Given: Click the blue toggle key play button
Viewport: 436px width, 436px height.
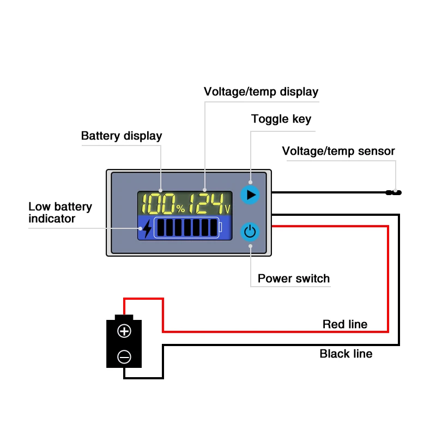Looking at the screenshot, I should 250,195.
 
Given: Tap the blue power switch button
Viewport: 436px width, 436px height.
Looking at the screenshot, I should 250,232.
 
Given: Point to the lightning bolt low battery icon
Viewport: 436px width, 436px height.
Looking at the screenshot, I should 147,229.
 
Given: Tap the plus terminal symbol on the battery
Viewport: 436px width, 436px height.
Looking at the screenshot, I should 124,331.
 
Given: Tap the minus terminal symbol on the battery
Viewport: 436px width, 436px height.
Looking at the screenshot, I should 124,357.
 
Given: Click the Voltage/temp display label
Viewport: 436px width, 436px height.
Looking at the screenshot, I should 261,91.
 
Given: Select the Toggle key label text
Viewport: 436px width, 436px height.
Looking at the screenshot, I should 281,119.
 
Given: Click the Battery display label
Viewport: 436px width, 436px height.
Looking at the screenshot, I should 122,136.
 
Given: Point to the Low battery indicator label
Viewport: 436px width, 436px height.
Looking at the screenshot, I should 60,213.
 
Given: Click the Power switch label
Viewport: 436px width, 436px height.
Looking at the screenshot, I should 293,278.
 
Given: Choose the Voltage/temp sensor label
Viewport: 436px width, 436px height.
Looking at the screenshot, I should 338,151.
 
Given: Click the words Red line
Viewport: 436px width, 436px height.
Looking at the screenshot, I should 344,324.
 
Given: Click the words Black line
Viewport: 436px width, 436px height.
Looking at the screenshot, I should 346,354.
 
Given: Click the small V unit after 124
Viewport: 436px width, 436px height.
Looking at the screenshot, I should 227,209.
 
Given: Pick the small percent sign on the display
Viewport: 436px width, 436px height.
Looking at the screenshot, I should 180,209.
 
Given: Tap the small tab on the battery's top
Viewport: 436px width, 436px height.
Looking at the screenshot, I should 124,317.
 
